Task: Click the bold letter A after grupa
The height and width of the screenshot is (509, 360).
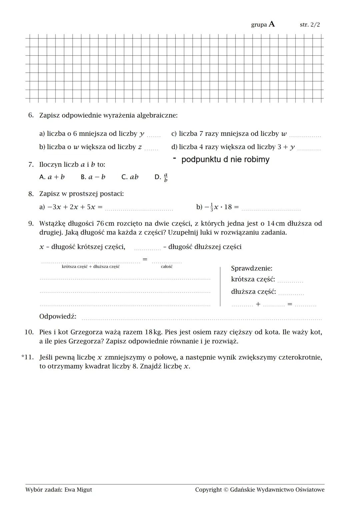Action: [x=272, y=24]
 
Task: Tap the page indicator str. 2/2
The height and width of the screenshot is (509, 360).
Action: [x=310, y=25]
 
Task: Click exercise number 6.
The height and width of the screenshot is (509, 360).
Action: [x=31, y=115]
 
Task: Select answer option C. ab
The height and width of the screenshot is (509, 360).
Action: [x=130, y=177]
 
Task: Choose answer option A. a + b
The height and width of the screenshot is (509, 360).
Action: [x=52, y=177]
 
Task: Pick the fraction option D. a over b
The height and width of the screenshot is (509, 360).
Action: [x=161, y=177]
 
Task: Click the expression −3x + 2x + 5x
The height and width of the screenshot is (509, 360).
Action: [x=71, y=207]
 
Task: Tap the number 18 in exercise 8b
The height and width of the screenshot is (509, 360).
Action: [x=228, y=207]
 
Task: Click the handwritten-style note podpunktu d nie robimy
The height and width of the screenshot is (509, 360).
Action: [x=225, y=159]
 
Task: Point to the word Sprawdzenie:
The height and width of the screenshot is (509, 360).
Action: [x=252, y=268]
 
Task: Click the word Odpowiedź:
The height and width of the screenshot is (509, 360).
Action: [x=58, y=316]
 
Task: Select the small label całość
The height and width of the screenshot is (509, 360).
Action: [x=167, y=267]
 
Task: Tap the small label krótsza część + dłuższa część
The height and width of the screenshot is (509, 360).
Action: [x=91, y=267]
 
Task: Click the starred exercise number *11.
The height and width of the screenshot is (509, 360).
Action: [x=27, y=357]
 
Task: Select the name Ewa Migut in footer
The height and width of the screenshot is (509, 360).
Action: [x=78, y=490]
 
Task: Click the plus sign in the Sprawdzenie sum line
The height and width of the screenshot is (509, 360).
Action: [x=258, y=304]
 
